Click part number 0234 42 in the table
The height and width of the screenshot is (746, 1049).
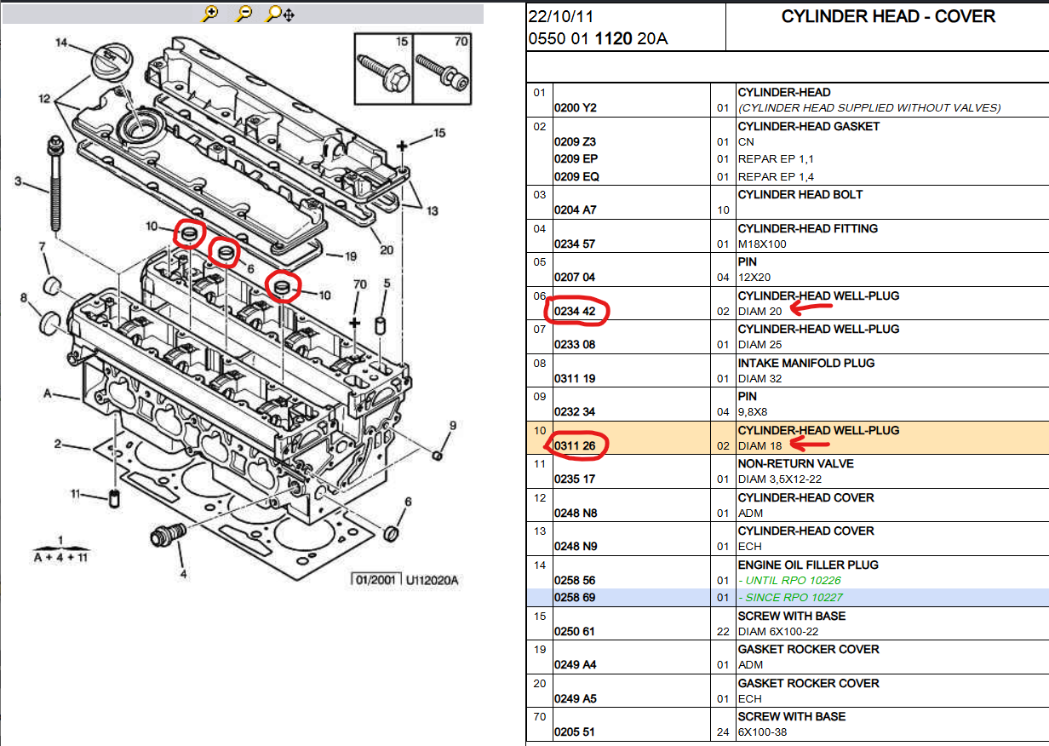[575, 312]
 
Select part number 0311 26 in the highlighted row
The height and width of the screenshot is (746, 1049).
[575, 446]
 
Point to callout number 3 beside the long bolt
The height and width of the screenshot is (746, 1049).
[18, 181]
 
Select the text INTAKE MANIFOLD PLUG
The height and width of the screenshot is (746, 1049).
[805, 363]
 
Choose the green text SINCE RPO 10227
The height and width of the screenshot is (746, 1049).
[792, 598]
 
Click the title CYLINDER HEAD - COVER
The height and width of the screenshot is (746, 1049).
[888, 17]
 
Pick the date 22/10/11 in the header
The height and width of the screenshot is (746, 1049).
[561, 17]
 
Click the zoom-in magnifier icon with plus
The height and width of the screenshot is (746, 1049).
[210, 14]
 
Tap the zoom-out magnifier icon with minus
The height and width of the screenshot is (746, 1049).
[244, 14]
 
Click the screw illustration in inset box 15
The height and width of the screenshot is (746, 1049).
[385, 72]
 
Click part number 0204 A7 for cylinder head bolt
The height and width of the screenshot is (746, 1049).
[575, 210]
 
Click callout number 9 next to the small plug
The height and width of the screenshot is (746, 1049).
[454, 425]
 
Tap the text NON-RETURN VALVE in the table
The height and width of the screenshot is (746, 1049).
[795, 464]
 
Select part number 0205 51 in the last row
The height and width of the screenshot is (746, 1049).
[575, 732]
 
